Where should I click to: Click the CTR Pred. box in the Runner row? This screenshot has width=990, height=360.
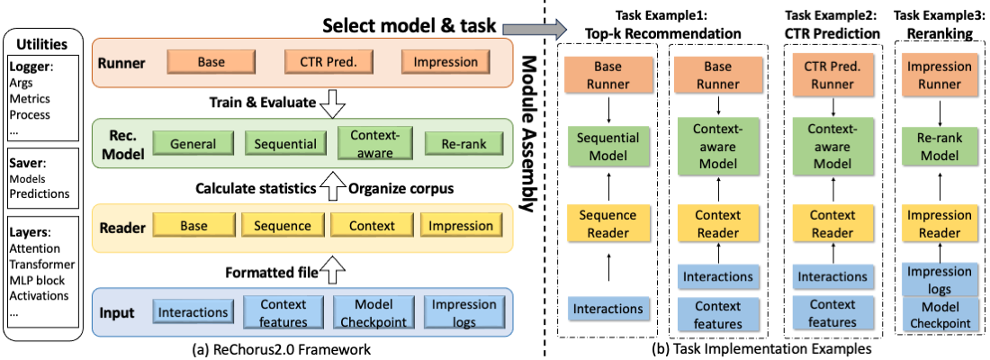(x=323, y=63)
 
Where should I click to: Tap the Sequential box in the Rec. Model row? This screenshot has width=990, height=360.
(x=284, y=144)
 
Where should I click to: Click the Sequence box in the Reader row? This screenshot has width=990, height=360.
(x=282, y=226)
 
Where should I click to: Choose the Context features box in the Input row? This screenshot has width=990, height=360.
(x=283, y=311)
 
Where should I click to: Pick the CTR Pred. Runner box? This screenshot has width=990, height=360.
(x=820, y=77)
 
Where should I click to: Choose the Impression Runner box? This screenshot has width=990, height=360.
(x=940, y=77)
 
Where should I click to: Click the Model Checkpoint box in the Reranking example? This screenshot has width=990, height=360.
(x=940, y=316)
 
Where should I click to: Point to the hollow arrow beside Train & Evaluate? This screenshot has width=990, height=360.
(x=333, y=104)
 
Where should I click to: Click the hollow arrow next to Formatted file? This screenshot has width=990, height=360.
(x=334, y=268)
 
